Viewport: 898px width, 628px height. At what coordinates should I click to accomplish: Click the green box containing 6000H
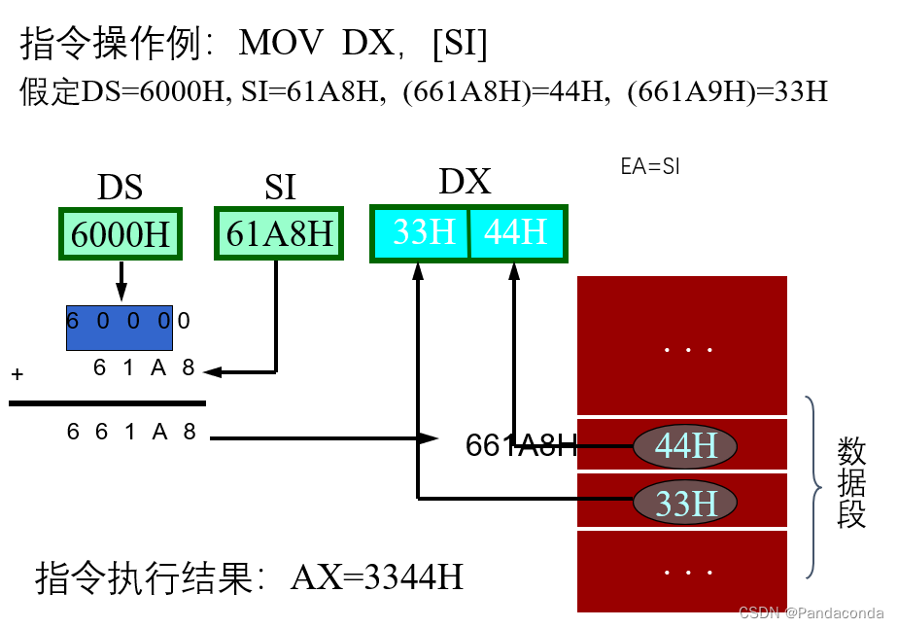click(x=120, y=234)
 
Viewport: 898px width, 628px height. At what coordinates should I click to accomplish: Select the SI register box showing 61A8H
click(x=279, y=234)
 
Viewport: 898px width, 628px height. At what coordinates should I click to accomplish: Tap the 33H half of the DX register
click(x=423, y=232)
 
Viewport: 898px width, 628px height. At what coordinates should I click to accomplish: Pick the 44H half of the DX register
click(x=516, y=232)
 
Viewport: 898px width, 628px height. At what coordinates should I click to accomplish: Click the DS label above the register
click(x=120, y=187)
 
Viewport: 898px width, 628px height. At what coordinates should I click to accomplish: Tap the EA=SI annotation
click(x=650, y=166)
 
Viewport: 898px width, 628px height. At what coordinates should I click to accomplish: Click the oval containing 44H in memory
click(x=685, y=445)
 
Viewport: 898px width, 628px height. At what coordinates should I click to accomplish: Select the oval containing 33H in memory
click(x=685, y=503)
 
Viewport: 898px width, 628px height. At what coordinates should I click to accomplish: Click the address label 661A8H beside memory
click(x=521, y=445)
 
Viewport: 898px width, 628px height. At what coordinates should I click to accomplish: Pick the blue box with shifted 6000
click(x=119, y=329)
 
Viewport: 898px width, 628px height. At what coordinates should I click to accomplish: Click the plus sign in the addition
click(x=17, y=374)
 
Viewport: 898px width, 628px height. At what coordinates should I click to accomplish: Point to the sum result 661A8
click(x=131, y=432)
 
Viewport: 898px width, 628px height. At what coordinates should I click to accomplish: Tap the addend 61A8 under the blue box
click(x=144, y=367)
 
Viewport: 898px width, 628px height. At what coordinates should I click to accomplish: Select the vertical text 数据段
click(x=851, y=482)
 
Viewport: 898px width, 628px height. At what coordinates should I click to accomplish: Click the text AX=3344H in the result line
click(x=376, y=577)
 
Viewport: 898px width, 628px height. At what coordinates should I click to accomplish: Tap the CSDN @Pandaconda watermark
click(x=811, y=612)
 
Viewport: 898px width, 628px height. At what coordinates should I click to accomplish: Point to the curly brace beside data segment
click(x=814, y=486)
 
